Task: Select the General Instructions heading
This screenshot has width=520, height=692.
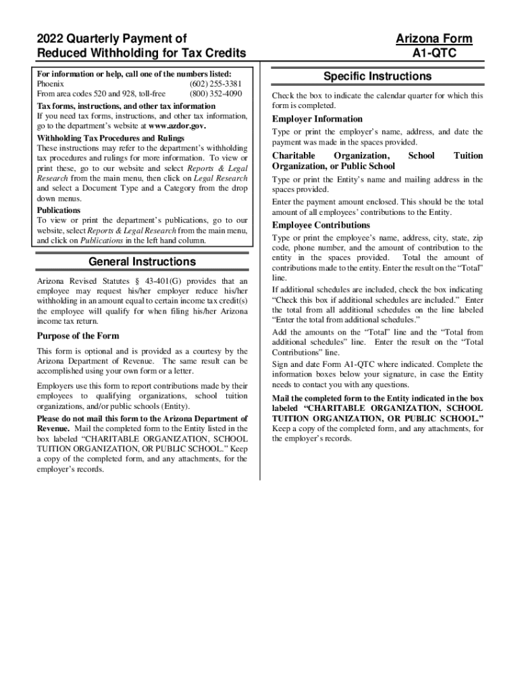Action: (142, 262)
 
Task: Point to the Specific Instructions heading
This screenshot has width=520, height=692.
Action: (377, 76)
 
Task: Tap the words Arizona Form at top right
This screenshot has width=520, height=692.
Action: (434, 39)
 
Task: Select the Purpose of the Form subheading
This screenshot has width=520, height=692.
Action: (78, 336)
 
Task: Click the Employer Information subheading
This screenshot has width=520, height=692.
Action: (317, 119)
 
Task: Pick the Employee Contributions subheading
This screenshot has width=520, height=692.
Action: (321, 225)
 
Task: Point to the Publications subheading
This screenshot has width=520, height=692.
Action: (59, 210)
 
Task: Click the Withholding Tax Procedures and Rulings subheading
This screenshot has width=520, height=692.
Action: (110, 138)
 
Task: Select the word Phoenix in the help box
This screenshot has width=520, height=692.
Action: (51, 84)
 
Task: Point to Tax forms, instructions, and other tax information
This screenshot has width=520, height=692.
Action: (126, 106)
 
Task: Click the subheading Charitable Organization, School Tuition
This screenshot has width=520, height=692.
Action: (377, 155)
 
